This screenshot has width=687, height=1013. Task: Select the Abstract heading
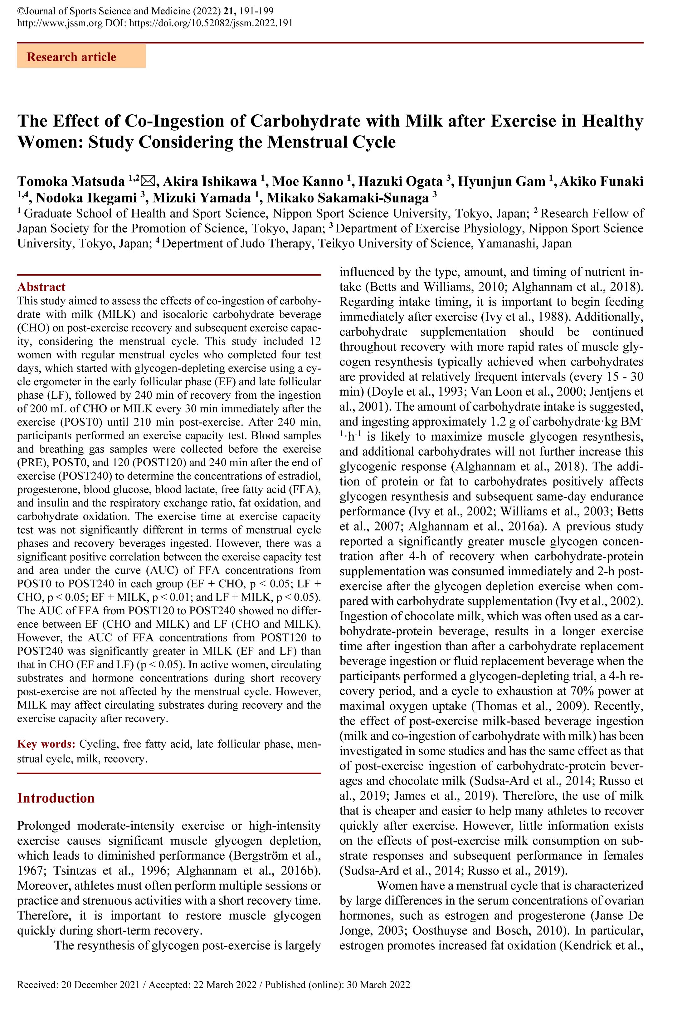click(x=41, y=287)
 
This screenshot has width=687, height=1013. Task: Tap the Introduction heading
click(x=56, y=798)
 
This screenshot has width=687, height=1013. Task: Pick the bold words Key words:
click(x=46, y=744)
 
